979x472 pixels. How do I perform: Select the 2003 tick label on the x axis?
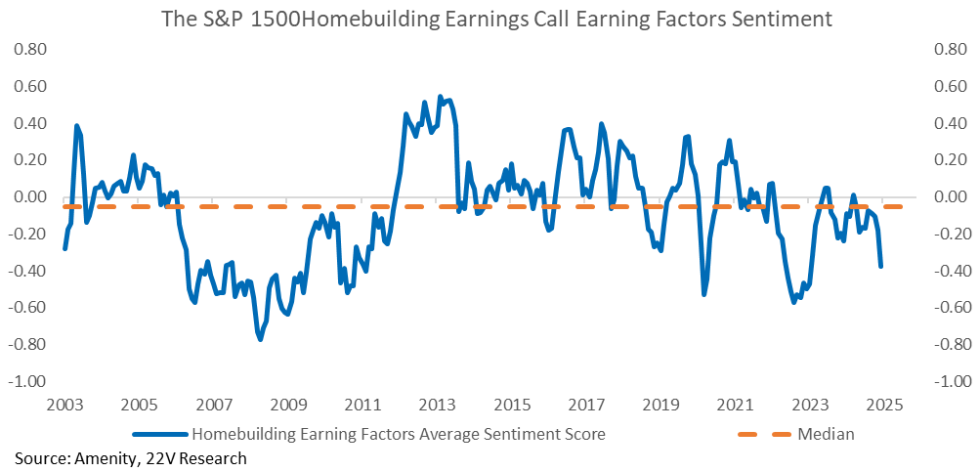(x=64, y=405)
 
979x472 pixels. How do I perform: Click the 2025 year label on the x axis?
(x=883, y=405)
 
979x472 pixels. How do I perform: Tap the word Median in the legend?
(x=828, y=434)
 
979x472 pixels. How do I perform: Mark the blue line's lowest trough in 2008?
(x=260, y=339)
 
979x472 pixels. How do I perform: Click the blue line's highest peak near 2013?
(x=440, y=96)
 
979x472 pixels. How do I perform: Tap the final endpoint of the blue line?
(x=881, y=266)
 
